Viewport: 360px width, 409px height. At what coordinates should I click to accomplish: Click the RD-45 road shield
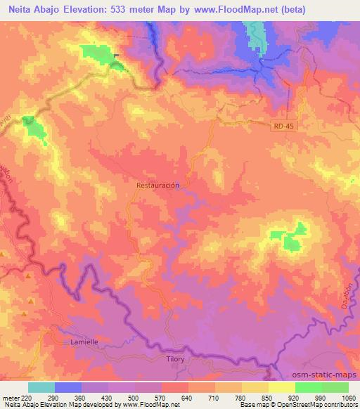point(282,126)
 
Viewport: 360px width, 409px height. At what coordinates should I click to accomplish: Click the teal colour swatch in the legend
point(41,387)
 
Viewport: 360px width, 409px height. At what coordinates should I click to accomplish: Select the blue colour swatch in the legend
point(68,387)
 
